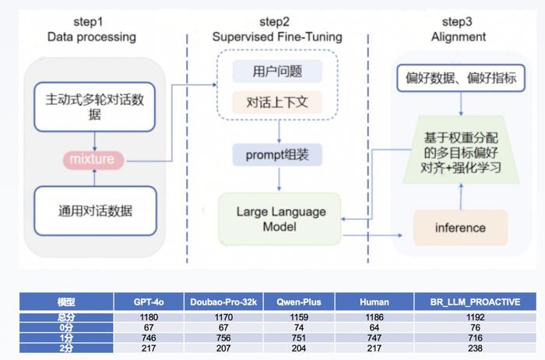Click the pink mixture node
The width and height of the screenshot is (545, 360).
click(93, 160)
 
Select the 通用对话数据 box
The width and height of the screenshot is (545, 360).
click(95, 211)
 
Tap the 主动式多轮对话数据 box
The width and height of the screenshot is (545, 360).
click(94, 107)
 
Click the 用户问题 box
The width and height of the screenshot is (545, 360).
click(277, 72)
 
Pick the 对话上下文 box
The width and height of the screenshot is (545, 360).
click(277, 102)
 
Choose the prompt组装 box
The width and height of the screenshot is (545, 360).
click(277, 155)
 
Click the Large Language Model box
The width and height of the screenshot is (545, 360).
click(280, 219)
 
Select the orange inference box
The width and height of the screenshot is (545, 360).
click(461, 228)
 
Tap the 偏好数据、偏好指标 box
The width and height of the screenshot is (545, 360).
click(461, 78)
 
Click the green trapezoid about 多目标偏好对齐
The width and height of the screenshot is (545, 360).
click(461, 150)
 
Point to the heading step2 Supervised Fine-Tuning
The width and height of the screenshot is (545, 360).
click(277, 29)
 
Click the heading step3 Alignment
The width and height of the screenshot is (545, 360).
click(458, 29)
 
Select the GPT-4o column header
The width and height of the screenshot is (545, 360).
click(149, 302)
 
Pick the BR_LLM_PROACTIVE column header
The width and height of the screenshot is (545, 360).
click(475, 302)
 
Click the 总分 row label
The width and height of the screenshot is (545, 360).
click(66, 317)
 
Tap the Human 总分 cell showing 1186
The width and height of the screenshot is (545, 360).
click(374, 317)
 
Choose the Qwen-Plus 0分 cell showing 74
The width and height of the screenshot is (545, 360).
click(299, 327)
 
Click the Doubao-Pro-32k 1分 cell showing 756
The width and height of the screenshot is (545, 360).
click(223, 337)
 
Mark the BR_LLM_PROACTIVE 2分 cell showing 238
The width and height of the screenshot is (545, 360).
click(475, 348)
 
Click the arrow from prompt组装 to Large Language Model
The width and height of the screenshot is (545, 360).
click(279, 179)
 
